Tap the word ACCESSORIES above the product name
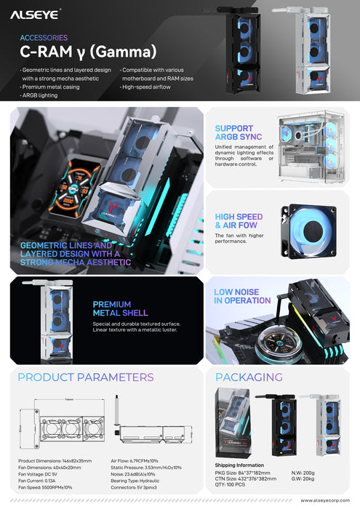coord(43,37)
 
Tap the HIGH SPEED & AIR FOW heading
coord(239,221)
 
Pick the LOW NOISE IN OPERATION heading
coord(241,296)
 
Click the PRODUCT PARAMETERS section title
coord(86,377)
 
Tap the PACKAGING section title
coord(249,377)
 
